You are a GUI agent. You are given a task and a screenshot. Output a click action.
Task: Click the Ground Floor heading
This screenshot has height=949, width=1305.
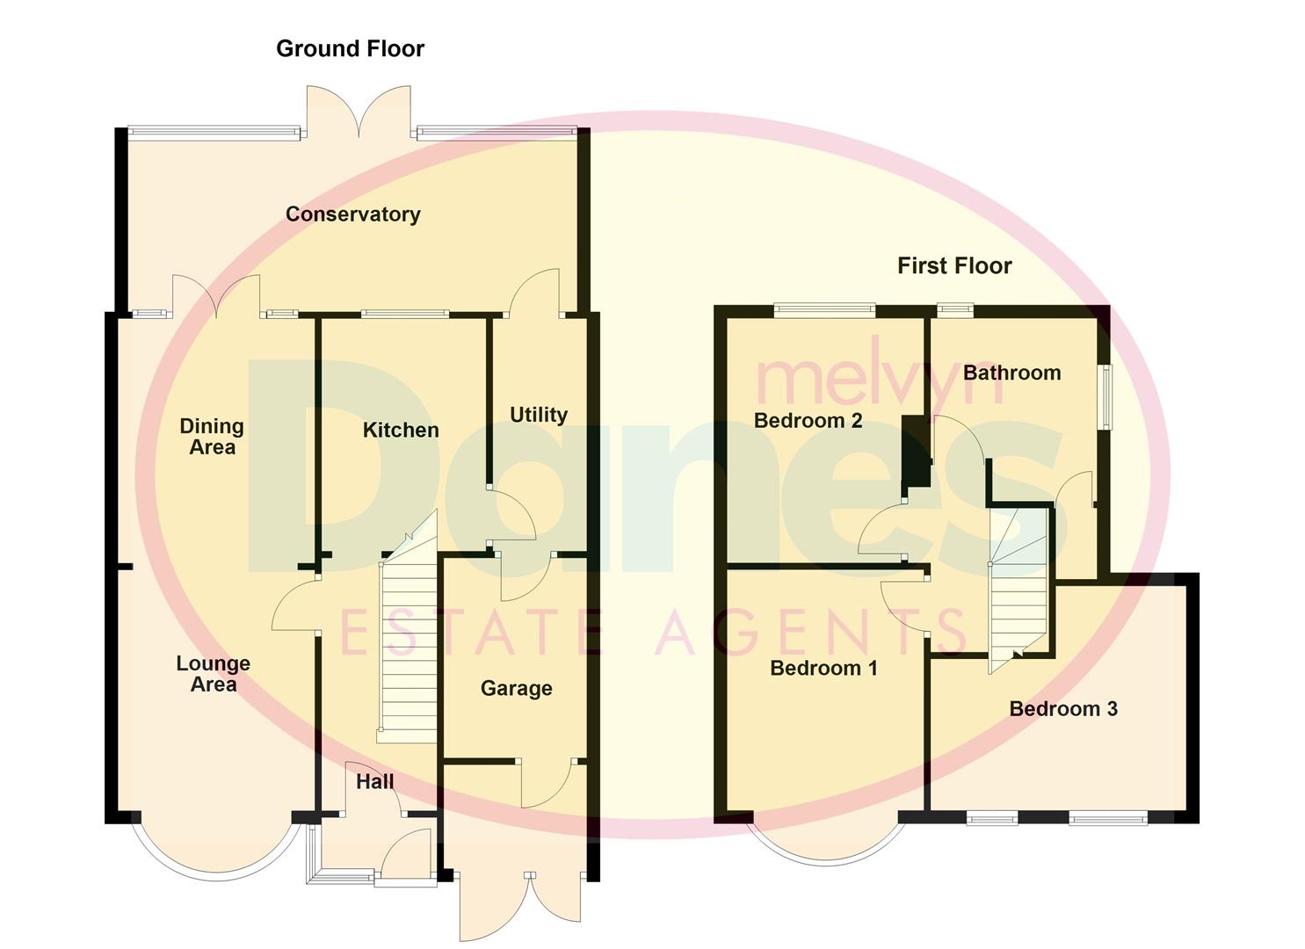click(350, 49)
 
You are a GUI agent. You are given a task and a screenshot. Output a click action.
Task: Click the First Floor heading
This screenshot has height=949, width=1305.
click(954, 266)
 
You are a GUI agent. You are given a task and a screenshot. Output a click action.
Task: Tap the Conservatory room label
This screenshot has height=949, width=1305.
click(352, 214)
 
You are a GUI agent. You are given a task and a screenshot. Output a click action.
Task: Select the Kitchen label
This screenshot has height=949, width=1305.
click(401, 430)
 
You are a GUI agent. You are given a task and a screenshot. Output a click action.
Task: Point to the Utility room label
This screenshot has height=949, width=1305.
click(539, 415)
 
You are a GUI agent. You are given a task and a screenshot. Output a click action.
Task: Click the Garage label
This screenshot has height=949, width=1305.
click(516, 689)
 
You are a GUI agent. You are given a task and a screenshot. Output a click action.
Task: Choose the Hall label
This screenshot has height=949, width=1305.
click(374, 782)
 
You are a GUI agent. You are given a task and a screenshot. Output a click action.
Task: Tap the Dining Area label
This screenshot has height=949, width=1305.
click(212, 437)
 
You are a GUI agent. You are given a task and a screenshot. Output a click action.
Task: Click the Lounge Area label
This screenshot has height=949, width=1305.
click(213, 674)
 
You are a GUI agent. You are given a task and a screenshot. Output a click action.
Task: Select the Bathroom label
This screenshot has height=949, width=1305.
click(1011, 373)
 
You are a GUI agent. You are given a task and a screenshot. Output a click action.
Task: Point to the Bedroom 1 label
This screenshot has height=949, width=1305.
click(823, 669)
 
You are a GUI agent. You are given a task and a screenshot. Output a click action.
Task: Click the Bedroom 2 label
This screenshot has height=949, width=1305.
click(808, 421)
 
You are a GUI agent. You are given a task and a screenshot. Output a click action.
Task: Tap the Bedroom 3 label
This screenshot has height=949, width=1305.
click(1063, 709)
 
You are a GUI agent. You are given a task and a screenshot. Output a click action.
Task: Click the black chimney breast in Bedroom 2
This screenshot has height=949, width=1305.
click(915, 450)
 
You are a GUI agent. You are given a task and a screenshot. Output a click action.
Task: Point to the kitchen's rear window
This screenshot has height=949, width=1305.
click(405, 314)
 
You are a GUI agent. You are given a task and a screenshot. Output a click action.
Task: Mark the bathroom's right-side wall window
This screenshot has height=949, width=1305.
click(1106, 397)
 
